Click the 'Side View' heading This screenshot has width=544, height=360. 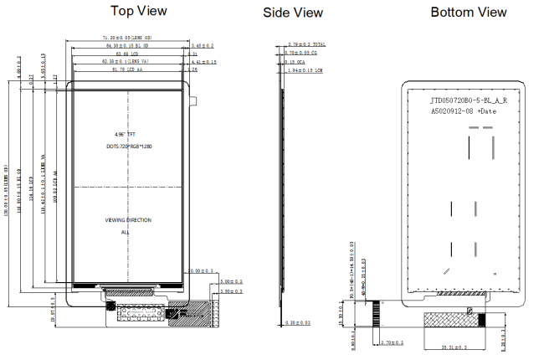(292, 13)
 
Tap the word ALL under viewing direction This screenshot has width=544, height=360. (126, 231)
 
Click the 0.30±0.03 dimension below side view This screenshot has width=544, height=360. (297, 322)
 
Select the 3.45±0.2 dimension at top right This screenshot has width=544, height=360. (203, 45)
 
